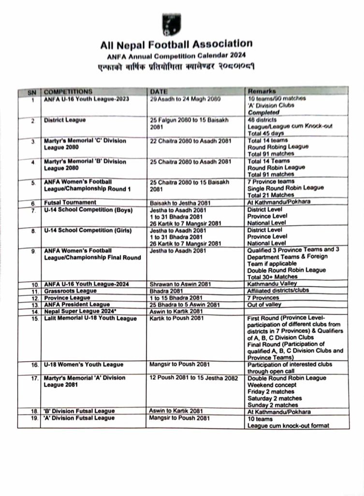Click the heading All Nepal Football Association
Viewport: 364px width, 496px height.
pyautogui.click(x=175, y=45)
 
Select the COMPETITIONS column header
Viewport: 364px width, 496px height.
pyautogui.click(x=68, y=91)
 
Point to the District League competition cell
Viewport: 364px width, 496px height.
pyautogui.click(x=65, y=120)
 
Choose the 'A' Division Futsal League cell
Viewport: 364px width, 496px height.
pyautogui.click(x=79, y=418)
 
